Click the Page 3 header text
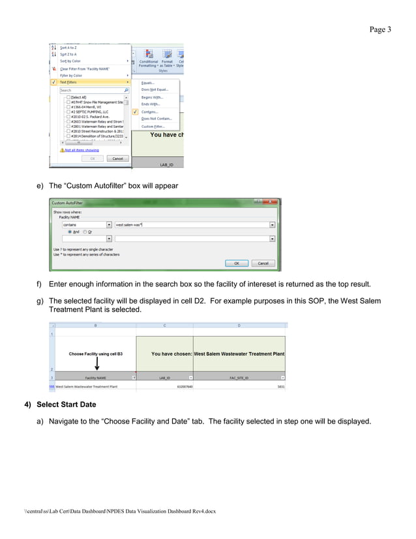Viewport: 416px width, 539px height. click(380, 29)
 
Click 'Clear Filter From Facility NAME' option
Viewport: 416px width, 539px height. click(85, 69)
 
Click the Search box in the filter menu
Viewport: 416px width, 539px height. click(91, 90)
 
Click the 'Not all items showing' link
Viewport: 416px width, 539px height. click(81, 149)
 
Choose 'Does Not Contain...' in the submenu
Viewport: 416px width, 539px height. click(156, 119)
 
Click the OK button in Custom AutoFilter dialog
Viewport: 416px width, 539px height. click(236, 263)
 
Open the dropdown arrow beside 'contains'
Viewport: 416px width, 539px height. click(109, 224)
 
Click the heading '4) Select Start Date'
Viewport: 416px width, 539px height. click(60, 405)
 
